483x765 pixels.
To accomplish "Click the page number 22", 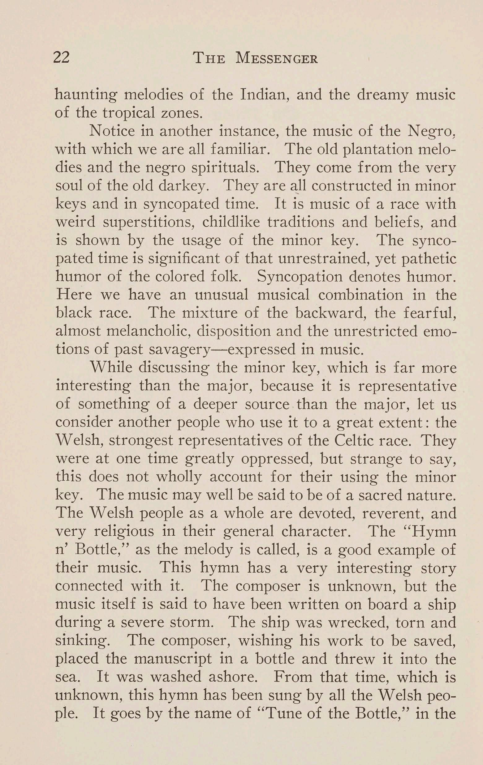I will coord(62,58).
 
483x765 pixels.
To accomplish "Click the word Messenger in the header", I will coord(276,58).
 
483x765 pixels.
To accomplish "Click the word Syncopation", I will coord(299,276).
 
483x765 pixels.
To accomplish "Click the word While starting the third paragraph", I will coord(111,368).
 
